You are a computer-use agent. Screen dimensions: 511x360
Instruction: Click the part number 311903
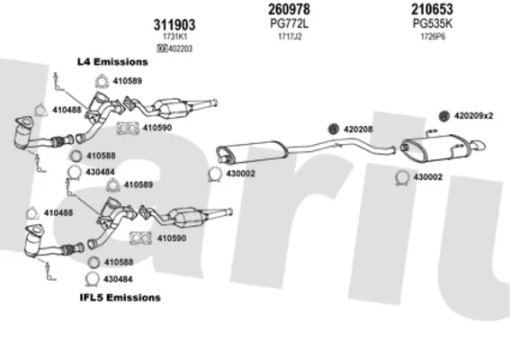175,25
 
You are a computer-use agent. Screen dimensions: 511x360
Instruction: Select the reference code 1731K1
175,37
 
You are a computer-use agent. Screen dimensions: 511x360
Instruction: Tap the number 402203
180,49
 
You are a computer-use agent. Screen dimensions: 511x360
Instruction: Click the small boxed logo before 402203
162,49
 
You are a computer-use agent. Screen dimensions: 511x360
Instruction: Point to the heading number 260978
289,10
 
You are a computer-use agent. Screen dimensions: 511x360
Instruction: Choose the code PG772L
290,23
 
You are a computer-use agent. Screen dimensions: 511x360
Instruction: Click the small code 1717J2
290,37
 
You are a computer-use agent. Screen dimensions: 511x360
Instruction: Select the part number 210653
432,10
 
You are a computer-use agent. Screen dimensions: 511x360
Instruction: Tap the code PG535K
433,23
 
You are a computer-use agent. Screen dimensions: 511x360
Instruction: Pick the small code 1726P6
433,37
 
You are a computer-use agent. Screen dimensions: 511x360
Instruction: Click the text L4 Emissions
112,61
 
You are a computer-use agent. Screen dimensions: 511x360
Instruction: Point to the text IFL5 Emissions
121,297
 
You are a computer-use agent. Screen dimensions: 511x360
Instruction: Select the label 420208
358,130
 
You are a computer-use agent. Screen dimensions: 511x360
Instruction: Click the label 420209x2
473,116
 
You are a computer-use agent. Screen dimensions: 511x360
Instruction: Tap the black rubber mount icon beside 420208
334,129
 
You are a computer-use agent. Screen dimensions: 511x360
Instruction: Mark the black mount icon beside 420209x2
444,116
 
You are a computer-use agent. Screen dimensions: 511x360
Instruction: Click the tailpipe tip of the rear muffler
479,146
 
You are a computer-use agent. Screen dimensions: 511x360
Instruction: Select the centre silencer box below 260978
252,151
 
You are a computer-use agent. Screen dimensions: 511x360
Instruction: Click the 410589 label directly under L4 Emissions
128,81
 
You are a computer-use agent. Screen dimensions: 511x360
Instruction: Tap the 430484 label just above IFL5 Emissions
118,279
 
